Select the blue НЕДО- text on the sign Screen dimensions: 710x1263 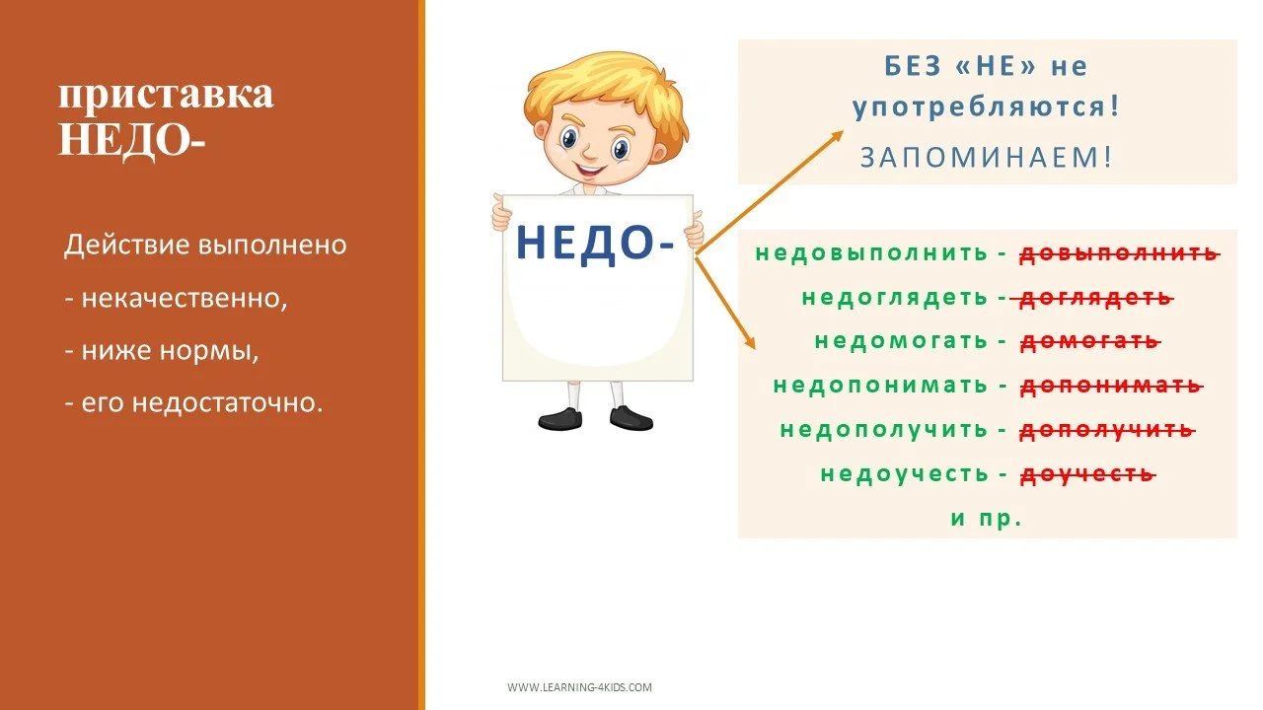click(x=595, y=243)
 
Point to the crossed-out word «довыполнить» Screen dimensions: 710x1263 click(x=1119, y=252)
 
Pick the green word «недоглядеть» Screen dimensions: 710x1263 click(x=894, y=297)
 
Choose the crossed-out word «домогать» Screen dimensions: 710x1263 click(x=1088, y=341)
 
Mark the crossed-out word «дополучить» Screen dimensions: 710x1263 click(x=1106, y=430)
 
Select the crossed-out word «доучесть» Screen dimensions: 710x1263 click(x=1085, y=473)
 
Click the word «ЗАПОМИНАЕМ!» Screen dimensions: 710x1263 click(x=986, y=157)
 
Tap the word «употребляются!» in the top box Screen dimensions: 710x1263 click(x=986, y=107)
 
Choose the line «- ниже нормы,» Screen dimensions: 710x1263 click(x=162, y=350)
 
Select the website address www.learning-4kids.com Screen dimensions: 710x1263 click(x=579, y=687)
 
